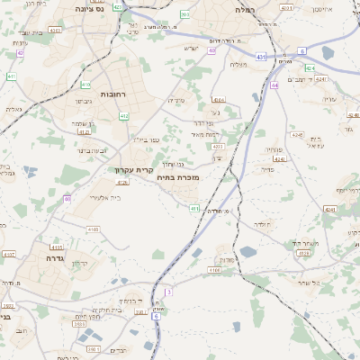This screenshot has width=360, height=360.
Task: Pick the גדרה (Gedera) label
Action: [43, 257]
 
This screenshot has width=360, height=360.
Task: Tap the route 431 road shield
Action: [260, 57]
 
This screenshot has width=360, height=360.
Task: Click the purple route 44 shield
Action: [274, 85]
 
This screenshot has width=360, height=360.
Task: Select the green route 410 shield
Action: [85, 85]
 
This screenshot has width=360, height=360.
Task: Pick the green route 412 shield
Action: [124, 116]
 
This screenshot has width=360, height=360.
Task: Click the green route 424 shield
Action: [310, 69]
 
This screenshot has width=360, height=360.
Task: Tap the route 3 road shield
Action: [168, 292]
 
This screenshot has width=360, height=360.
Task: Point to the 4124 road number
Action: [302, 253]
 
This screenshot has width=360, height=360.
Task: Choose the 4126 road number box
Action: [122, 182]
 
